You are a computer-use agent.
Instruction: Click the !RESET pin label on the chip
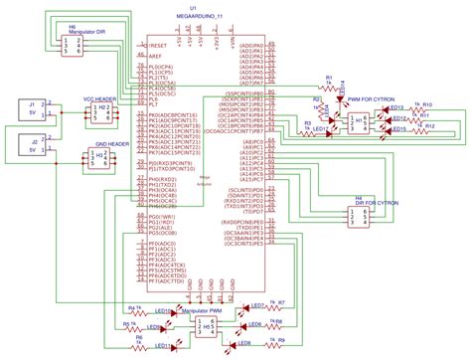point(158,46)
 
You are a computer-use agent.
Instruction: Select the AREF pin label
point(156,58)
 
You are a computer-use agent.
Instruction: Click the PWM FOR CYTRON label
point(366,99)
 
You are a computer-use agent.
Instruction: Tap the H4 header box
point(361,214)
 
